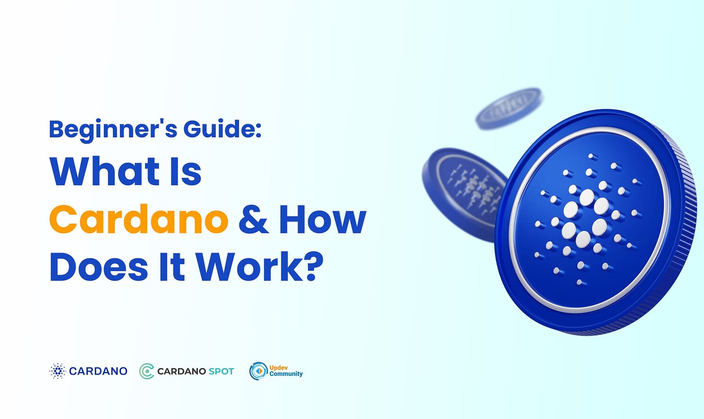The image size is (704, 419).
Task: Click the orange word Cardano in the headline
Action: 138,219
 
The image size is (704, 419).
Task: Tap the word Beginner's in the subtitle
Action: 113,129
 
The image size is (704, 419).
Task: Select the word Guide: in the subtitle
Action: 222,129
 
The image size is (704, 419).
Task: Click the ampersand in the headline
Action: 253,219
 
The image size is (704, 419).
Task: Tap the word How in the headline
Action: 322,219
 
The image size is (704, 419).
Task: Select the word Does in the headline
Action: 99,267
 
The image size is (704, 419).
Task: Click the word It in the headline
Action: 172,267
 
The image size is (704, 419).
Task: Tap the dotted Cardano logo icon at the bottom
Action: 57,371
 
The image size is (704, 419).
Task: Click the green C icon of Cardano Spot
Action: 147,371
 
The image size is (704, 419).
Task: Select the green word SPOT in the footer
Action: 221,371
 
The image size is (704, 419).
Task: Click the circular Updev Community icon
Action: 258,371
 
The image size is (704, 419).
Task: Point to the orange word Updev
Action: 278,368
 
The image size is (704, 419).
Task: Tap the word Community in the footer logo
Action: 286,374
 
